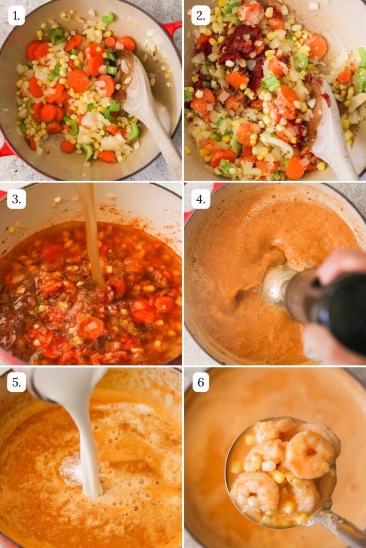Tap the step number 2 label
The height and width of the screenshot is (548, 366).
pos(200,16)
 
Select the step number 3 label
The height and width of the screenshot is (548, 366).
pos(17,199)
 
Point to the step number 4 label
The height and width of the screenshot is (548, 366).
pos(200,199)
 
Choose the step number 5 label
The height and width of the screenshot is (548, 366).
pos(17,382)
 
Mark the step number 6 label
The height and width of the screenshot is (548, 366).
pos(200,382)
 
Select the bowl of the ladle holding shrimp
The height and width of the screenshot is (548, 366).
pos(281,471)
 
